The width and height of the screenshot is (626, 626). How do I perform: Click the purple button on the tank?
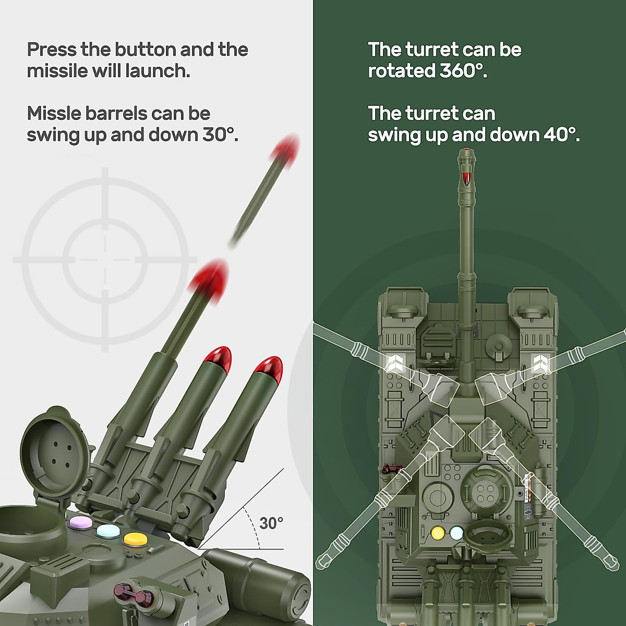79,522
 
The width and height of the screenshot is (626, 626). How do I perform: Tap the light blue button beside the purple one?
106,531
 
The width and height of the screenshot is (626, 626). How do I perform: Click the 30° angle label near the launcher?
271,523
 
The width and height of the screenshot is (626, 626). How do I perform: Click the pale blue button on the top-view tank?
456,533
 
